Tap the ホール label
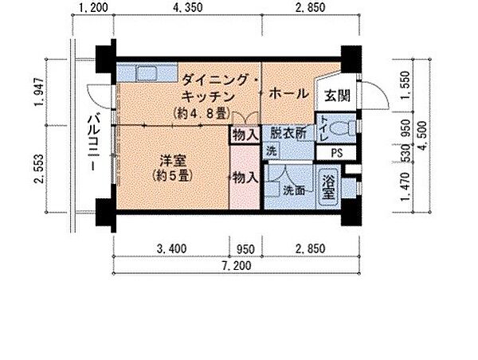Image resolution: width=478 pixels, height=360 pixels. (x=288, y=94)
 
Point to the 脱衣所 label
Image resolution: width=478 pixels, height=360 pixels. (x=287, y=134)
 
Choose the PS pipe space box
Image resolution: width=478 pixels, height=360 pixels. (x=337, y=152)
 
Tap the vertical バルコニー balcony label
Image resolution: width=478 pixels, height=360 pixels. (x=92, y=145)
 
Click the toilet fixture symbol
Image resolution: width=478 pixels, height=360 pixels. (x=342, y=128)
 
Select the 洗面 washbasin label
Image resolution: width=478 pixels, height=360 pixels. (x=293, y=190)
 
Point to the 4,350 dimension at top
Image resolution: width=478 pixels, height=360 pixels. (x=190, y=10)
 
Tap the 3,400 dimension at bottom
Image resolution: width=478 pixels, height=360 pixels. (x=171, y=248)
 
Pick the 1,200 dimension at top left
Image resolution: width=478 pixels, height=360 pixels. (x=93, y=10)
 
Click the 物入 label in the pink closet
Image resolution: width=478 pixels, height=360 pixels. (x=245, y=179)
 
